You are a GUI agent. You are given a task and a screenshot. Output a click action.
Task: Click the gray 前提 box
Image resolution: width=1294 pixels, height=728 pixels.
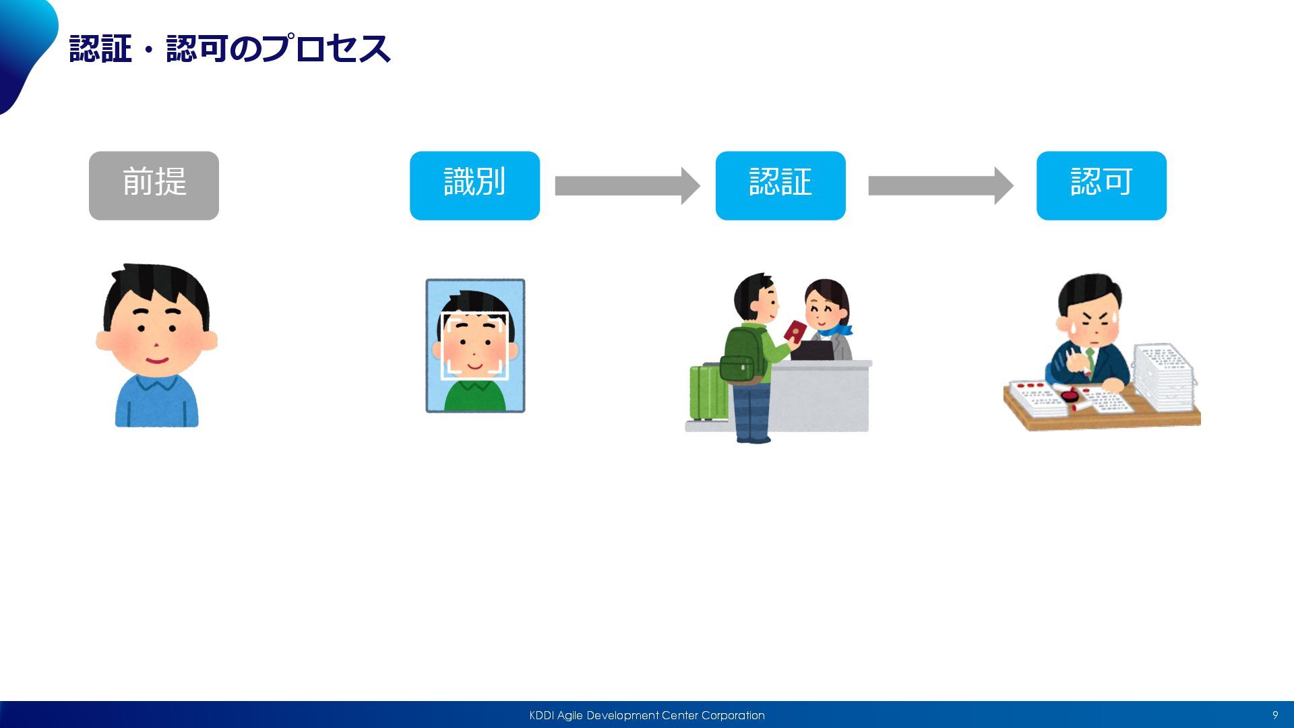[x=154, y=185]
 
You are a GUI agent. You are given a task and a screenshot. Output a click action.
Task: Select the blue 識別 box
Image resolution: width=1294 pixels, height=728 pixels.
[x=474, y=185]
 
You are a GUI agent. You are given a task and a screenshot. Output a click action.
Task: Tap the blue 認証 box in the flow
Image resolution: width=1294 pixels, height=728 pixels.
[x=780, y=185]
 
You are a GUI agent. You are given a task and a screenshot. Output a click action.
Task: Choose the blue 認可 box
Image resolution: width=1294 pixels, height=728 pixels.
[x=1101, y=185]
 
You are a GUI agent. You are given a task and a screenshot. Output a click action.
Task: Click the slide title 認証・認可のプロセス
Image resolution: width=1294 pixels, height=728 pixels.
[x=229, y=49]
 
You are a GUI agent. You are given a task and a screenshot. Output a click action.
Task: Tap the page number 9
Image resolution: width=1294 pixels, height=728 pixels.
[x=1274, y=715]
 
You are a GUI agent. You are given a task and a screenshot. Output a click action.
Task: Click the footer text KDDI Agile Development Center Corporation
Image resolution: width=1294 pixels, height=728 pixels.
[x=646, y=715]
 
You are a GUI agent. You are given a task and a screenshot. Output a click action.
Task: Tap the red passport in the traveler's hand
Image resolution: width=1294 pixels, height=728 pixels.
[x=795, y=330]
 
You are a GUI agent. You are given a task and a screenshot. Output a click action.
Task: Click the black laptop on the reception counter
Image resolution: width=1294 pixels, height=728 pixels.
[x=812, y=350]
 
